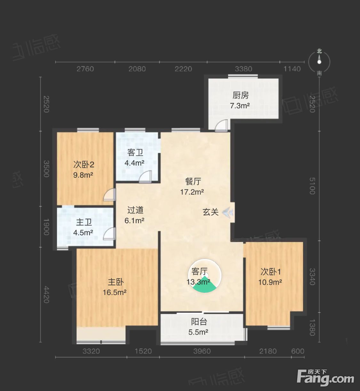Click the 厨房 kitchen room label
coord(240,95)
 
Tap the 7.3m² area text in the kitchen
coord(240,106)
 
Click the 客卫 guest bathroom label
coord(135,152)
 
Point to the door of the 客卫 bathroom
coord(145,177)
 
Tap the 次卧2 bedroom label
coord(84,165)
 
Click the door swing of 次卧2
coord(109,194)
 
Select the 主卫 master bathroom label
coord(84,222)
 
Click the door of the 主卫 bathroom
coord(109,233)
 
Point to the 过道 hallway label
coord(135,210)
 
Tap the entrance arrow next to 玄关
coord(228,212)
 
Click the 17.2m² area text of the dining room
coord(192,192)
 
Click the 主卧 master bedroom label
coord(116,282)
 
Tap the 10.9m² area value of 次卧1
coord(270,282)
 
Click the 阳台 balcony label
coord(199,322)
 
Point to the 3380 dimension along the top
coord(243,69)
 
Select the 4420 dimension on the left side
coord(46,295)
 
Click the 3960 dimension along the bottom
coord(202,351)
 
